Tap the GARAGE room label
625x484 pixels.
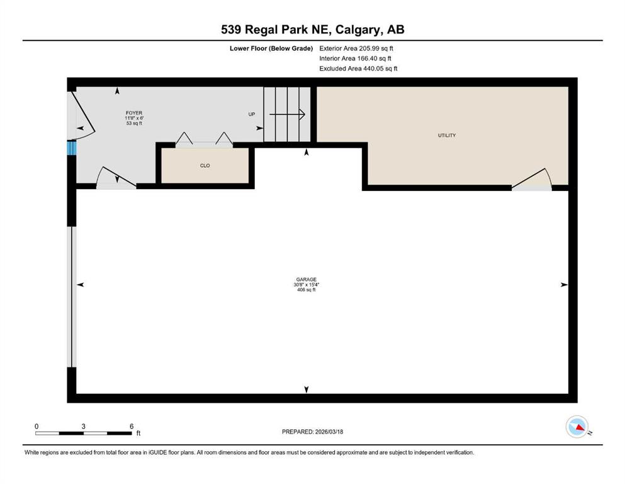[306, 279]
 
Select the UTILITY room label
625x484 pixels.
[447, 135]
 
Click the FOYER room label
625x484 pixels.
[133, 113]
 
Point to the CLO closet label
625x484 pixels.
[205, 166]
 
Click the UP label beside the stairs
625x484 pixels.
[252, 115]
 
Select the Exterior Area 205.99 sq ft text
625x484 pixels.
[356, 48]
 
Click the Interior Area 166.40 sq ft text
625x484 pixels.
[355, 58]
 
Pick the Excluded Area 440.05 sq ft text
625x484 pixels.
[358, 68]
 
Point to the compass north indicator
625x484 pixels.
[577, 427]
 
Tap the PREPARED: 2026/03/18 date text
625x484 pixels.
[312, 432]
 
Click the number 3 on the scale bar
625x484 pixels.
[84, 426]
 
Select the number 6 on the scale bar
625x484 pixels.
[132, 426]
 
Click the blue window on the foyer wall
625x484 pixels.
[72, 148]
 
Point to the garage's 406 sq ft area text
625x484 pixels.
[306, 290]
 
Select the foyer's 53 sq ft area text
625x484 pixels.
[133, 124]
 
